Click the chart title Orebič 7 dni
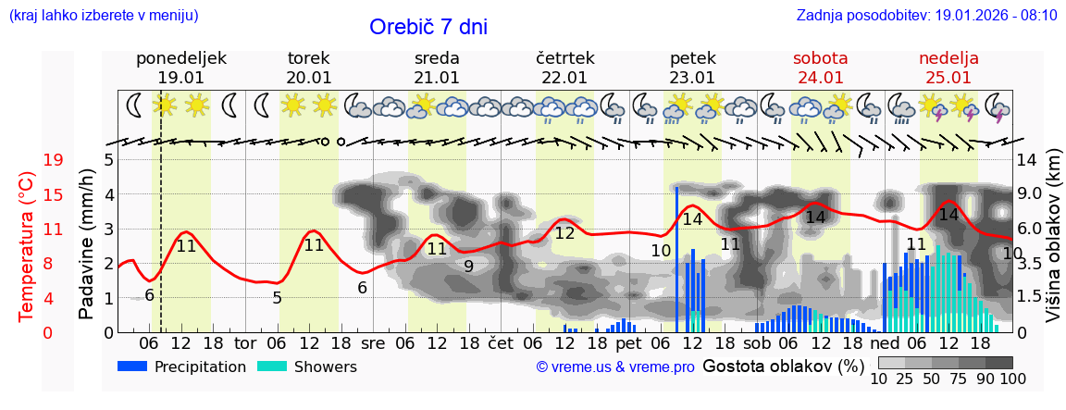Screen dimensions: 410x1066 coord(428,27)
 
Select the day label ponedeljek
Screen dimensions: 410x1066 coord(180,58)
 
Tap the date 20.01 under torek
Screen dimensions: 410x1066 coord(309,78)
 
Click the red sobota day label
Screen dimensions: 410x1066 coord(820,58)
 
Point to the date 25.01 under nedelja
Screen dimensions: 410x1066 coord(948,78)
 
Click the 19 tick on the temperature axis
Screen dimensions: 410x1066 coord(53,160)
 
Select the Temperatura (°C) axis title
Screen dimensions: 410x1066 coord(27,246)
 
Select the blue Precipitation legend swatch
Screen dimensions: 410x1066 coord(133,367)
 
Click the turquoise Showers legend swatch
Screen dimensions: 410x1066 coord(272,367)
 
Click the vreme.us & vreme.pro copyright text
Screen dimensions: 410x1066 coord(615,367)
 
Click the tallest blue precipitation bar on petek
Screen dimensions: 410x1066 coord(676,259)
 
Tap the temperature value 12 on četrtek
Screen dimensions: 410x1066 coord(564,233)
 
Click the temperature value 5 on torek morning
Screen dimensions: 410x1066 coord(277,297)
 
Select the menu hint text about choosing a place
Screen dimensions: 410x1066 coord(103,15)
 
